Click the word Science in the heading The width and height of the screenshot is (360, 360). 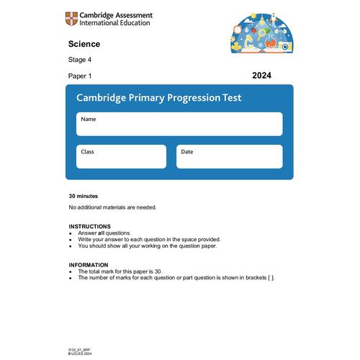pos(84,44)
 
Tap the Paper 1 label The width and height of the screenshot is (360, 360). pos(80,76)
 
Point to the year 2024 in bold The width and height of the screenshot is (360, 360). pos(262,75)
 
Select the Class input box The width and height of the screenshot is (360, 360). pos(121,157)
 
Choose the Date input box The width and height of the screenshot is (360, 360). pos(229,157)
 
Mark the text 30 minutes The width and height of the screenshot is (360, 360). pos(84,196)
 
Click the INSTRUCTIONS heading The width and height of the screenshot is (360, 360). pos(90,226)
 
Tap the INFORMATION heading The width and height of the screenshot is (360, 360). pos(89,265)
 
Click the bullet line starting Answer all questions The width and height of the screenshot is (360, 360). pos(104,233)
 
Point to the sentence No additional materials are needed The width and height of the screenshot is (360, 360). pos(112,207)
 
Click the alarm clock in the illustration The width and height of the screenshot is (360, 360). pos(238,30)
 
